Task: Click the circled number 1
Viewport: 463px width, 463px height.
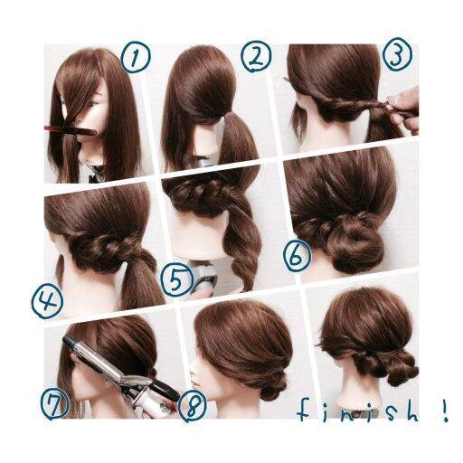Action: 135,57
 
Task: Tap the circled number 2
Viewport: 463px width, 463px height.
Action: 256,57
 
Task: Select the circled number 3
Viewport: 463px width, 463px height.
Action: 398,54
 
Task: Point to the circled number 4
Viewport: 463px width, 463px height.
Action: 47,302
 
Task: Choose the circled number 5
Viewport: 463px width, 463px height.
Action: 177,279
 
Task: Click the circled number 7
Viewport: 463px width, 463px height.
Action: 55,403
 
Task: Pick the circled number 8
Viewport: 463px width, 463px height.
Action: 193,405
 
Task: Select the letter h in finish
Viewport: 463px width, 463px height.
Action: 411,411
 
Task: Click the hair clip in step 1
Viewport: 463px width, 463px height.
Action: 71,130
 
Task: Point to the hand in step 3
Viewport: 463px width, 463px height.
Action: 403,110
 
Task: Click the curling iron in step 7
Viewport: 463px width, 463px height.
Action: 120,373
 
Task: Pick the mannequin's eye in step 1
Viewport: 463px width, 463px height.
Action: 93,104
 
